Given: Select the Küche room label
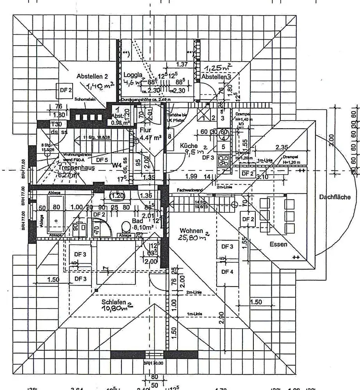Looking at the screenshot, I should (189, 145).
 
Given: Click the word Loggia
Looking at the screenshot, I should (132, 75).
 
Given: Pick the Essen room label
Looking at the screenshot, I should (278, 245).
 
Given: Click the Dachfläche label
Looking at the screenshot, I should (335, 197).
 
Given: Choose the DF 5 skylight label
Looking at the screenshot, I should (102, 160).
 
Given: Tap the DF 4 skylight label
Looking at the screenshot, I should (227, 272).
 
